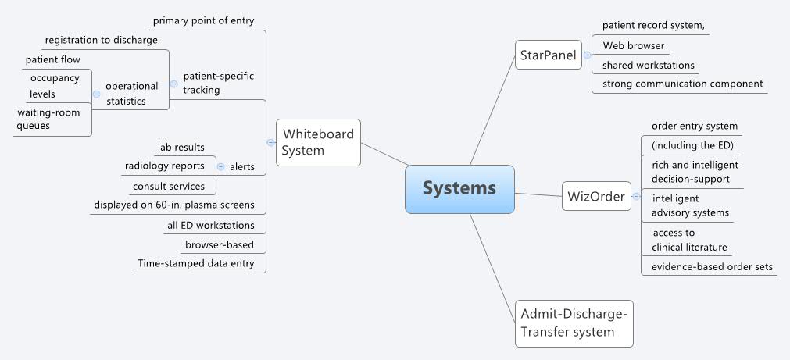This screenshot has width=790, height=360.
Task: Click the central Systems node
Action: pyautogui.click(x=459, y=188)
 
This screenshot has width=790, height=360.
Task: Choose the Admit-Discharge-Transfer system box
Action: pyautogui.click(x=574, y=323)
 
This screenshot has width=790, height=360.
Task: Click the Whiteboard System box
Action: pyautogui.click(x=318, y=142)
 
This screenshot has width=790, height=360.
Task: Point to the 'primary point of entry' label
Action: pyautogui.click(x=203, y=20)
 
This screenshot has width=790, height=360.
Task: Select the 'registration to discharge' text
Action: pyautogui.click(x=102, y=40)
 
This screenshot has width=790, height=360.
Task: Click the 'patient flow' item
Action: pyautogui.click(x=53, y=59)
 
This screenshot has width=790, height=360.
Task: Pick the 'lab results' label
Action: pyautogui.click(x=181, y=147)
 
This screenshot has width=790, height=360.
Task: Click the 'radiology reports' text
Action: pyautogui.click(x=165, y=166)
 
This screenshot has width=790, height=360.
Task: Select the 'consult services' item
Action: pyautogui.click(x=169, y=187)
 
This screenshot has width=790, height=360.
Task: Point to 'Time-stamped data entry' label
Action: pyautogui.click(x=195, y=264)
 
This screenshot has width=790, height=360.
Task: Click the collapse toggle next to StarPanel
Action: pyautogui.click(x=587, y=55)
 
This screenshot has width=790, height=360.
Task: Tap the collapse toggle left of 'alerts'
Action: pyautogui.click(x=220, y=166)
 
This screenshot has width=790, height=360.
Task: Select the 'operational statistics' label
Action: pyautogui.click(x=131, y=93)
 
